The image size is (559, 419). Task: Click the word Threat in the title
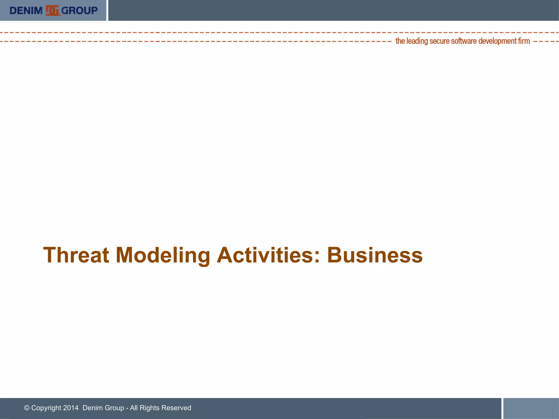[x=76, y=255]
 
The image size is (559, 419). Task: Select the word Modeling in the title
[x=163, y=255]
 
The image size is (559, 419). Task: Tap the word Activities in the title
[x=265, y=255]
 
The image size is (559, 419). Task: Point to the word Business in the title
[x=375, y=255]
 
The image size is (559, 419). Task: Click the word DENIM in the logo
[x=26, y=11]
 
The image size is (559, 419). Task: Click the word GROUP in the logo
[x=79, y=11]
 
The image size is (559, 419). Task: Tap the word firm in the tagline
[x=524, y=41]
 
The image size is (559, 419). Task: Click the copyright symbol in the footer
[x=27, y=408]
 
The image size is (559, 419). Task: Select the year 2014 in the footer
[x=71, y=408]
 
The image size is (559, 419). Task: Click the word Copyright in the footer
[x=46, y=408]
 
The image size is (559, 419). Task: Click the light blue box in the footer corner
[x=531, y=408]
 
